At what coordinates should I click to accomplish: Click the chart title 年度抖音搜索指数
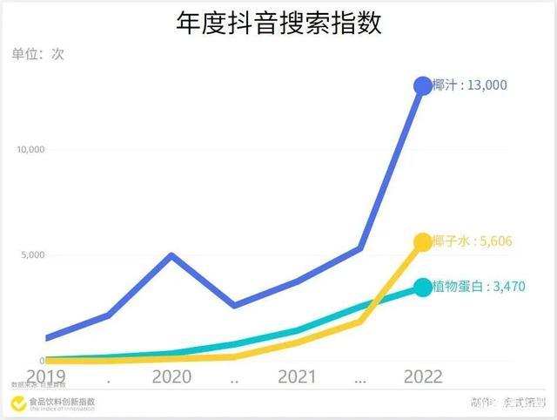278,23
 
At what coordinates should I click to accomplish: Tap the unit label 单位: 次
38,54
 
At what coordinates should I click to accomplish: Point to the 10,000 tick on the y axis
30,150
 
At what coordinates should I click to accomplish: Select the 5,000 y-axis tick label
32,256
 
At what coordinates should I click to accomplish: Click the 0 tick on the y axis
41,361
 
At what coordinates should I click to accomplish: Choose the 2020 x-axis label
171,377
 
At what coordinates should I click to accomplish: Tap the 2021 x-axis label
297,377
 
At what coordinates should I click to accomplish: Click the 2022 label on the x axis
422,377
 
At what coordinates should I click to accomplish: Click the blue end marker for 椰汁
423,85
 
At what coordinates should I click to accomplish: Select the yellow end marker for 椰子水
423,242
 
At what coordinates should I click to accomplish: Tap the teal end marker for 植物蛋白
423,287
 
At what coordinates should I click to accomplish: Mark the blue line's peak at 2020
172,255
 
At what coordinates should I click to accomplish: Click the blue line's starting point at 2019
47,338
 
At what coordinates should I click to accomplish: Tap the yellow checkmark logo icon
17,403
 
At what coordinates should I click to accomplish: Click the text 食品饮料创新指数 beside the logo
62,402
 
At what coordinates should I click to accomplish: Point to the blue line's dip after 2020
234,305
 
